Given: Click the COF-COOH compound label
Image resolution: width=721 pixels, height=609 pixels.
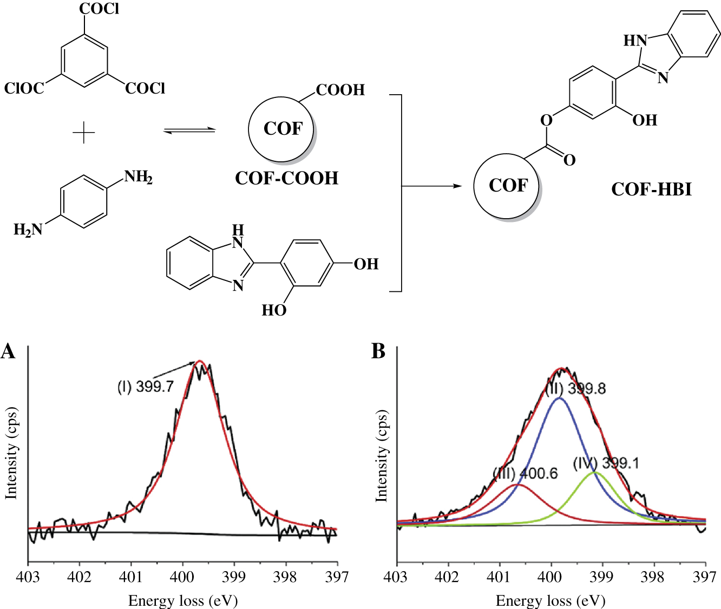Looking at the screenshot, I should (286, 178).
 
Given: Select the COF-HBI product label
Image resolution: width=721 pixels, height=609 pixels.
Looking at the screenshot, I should (651, 189).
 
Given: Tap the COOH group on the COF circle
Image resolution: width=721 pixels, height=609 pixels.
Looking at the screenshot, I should (340, 90).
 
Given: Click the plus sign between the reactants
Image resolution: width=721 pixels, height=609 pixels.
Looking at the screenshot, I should (84, 132).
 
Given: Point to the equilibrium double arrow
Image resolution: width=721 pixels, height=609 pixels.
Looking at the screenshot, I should (189, 130).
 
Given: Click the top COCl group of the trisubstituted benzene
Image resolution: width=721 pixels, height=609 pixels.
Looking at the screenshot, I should (99, 9).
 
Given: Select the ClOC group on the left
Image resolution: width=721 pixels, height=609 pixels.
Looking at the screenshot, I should (24, 88).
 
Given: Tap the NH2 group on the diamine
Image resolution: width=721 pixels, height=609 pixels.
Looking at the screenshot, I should (138, 177).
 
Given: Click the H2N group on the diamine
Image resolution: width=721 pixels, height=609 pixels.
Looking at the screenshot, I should (28, 231).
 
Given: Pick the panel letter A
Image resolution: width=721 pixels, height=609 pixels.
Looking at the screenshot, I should (8, 351).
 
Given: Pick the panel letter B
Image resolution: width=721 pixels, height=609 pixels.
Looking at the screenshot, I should (378, 351).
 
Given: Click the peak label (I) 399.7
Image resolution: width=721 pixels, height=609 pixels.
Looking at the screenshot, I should (146, 387).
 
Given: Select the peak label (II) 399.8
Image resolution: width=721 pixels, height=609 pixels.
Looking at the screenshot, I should (575, 389).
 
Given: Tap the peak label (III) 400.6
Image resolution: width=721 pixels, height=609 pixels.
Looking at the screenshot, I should (525, 473).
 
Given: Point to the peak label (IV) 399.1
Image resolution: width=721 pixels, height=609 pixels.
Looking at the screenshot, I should (606, 463).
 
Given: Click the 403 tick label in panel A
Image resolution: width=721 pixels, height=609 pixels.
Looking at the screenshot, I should (28, 577).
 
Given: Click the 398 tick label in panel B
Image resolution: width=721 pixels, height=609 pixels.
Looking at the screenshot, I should (653, 577).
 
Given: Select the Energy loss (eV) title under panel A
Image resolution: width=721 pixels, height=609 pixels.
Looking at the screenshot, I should (183, 600).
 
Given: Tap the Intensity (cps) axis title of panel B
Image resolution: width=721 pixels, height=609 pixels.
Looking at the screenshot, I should (382, 456).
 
